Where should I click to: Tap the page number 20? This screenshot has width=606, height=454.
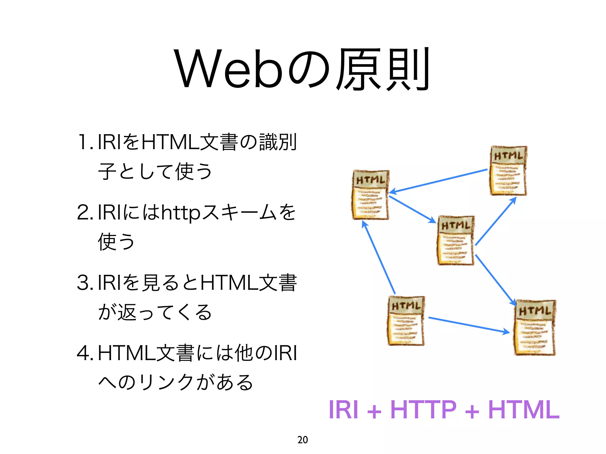click(302, 440)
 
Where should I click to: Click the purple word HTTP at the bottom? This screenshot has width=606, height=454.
click(423, 410)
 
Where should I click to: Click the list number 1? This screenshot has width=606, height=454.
click(84, 142)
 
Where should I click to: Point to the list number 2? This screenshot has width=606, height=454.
click(83, 213)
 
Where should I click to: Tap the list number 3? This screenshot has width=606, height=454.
click(83, 283)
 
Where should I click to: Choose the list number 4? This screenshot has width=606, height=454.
click(83, 353)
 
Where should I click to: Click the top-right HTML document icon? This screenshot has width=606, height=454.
click(508, 171)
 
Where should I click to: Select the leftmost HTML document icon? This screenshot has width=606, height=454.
click(370, 195)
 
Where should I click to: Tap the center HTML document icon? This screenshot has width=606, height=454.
click(456, 241)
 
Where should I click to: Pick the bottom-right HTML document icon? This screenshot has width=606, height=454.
click(534, 327)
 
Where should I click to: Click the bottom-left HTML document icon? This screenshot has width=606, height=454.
click(406, 321)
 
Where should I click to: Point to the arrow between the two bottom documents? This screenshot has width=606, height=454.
click(469, 325)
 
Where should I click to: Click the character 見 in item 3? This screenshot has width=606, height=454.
click(151, 283)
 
